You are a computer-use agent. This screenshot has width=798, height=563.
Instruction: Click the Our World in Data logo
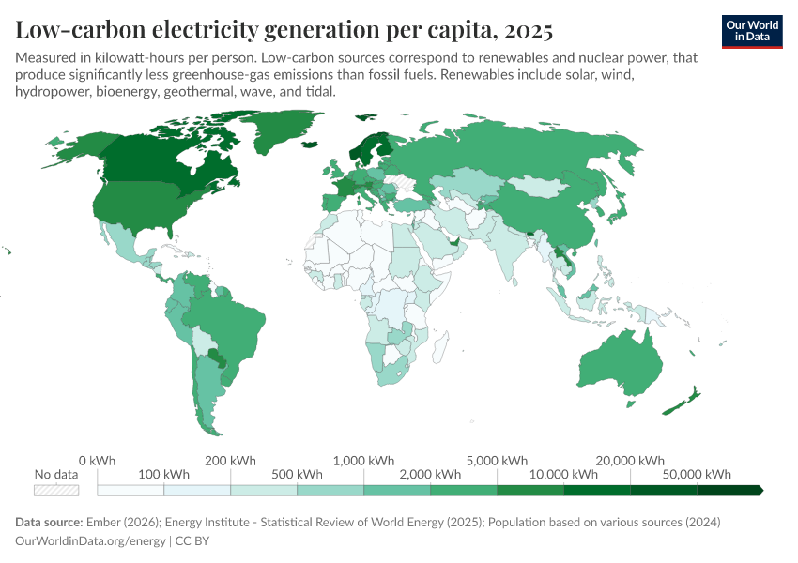click(x=752, y=31)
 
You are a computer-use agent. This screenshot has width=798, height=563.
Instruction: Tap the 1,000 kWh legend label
click(x=363, y=461)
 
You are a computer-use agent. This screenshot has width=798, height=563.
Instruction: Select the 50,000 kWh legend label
click(x=698, y=475)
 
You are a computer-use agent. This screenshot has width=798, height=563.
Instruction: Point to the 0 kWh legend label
click(x=97, y=461)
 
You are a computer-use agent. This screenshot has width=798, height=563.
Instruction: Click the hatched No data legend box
click(x=56, y=490)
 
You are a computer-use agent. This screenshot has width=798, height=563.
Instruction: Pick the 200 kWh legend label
click(x=230, y=461)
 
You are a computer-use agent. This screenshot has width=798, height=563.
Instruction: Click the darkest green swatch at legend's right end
click(x=729, y=490)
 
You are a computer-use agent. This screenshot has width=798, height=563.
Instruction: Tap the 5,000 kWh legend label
click(x=497, y=461)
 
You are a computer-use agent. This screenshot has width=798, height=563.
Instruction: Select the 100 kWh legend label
click(x=163, y=475)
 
